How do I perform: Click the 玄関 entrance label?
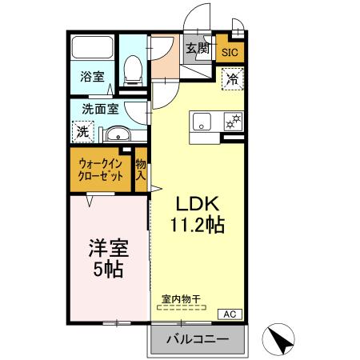click(198, 50)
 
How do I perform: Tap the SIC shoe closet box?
click(230, 53)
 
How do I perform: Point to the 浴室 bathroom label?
click(92, 77)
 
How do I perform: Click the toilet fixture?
click(134, 71)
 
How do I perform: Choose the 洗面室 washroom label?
click(101, 109)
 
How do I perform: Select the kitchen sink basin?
click(200, 122)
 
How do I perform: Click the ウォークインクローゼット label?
click(101, 170)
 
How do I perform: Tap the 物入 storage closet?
click(141, 169)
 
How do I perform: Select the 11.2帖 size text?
click(196, 225)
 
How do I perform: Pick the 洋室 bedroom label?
click(106, 247)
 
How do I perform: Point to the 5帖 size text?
click(106, 270)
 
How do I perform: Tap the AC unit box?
click(228, 314)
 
